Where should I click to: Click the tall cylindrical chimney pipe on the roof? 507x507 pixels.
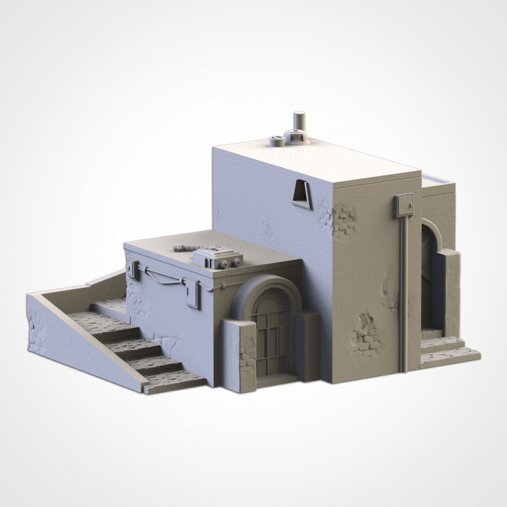(x=299, y=122)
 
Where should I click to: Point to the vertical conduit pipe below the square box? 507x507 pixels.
(x=402, y=296)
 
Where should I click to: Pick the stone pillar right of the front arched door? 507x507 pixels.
(x=308, y=345)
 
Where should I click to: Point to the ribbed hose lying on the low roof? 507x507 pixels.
(x=184, y=247)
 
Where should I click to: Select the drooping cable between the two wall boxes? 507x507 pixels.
(x=160, y=278)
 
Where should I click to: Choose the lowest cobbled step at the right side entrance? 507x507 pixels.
(x=451, y=356)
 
